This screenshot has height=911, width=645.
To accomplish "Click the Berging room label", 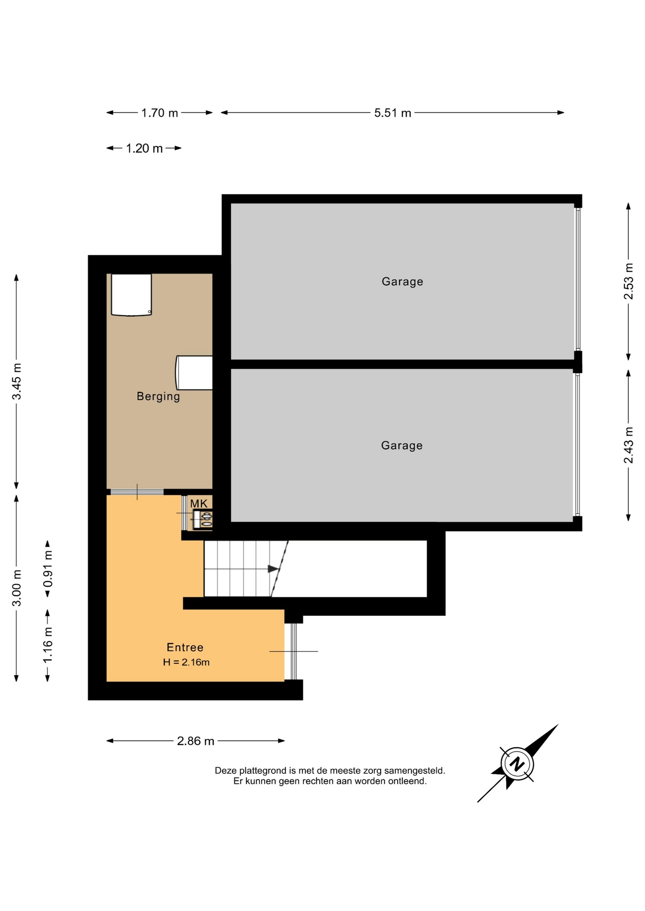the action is pyautogui.click(x=158, y=396).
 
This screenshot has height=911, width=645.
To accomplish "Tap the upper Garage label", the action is pyautogui.click(x=402, y=281).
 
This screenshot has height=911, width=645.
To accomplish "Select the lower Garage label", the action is pyautogui.click(x=402, y=445).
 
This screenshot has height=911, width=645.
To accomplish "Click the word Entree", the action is pyautogui.click(x=185, y=647).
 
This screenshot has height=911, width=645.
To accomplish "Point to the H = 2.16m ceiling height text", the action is pyautogui.click(x=186, y=662).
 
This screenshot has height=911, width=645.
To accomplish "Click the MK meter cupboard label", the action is pyautogui.click(x=199, y=503).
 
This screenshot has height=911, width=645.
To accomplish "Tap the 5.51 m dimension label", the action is pyautogui.click(x=393, y=113).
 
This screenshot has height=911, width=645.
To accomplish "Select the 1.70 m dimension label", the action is pyautogui.click(x=160, y=113).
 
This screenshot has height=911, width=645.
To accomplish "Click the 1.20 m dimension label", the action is pyautogui.click(x=144, y=149).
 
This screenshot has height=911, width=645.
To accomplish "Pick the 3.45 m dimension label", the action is pyautogui.click(x=17, y=381).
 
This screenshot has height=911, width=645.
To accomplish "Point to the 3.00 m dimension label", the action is pyautogui.click(x=17, y=588).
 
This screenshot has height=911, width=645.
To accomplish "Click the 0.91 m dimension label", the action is pyautogui.click(x=48, y=568).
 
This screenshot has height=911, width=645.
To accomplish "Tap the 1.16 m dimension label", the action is pyautogui.click(x=48, y=645).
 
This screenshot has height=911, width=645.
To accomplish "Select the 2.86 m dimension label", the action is pyautogui.click(x=196, y=741).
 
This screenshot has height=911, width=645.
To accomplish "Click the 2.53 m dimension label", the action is pyautogui.click(x=628, y=281).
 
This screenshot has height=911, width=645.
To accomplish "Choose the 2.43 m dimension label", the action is pyautogui.click(x=628, y=445).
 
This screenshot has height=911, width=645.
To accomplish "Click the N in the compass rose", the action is pyautogui.click(x=517, y=764).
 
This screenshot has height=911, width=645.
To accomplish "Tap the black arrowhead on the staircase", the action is pyautogui.click(x=274, y=569).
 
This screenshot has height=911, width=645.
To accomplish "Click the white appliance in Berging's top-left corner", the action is pyautogui.click(x=132, y=295).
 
